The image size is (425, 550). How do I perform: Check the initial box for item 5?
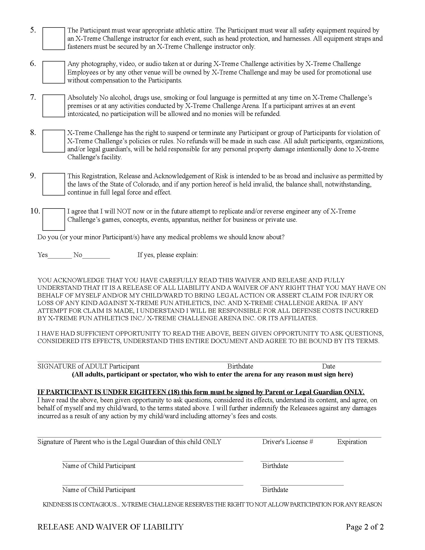(x=53, y=38)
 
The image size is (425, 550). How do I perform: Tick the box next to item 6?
(x=53, y=72)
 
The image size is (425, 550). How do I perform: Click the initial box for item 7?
(x=53, y=106)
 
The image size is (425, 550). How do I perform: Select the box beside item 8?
(x=53, y=141)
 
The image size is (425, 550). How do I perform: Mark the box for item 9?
(x=53, y=184)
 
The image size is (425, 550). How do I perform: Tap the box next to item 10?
(x=53, y=219)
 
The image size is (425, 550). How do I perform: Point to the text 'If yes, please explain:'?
(x=167, y=255)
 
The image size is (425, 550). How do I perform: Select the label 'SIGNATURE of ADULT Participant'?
(x=88, y=366)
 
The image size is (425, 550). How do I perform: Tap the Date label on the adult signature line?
(x=328, y=366)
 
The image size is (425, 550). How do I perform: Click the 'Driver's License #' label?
(x=287, y=442)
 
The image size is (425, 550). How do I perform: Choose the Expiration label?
(x=352, y=442)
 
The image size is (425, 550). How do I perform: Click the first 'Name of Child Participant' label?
(x=99, y=466)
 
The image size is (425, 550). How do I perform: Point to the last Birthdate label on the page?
(x=275, y=489)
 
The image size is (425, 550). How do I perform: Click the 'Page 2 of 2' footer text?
(x=364, y=526)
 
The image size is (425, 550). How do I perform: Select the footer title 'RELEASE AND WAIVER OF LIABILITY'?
(x=110, y=526)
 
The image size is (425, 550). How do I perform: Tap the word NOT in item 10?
(x=123, y=211)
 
